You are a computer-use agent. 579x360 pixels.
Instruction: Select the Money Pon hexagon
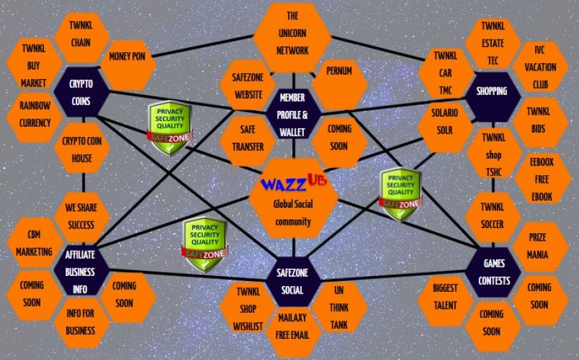[x=127, y=57]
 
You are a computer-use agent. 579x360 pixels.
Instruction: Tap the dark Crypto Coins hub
[x=81, y=92]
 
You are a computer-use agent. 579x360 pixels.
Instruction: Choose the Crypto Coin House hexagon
[x=82, y=148]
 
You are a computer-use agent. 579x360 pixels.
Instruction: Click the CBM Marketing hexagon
[x=34, y=243]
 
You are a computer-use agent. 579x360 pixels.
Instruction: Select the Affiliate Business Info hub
[x=80, y=271]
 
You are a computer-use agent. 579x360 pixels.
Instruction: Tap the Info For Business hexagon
[x=81, y=322]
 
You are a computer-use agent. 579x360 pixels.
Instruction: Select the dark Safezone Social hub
[x=293, y=281]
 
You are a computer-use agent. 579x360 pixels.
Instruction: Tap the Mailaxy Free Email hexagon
[x=293, y=325]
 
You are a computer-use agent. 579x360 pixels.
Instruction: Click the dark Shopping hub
[x=492, y=91]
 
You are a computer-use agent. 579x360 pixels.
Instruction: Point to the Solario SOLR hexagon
[x=445, y=122]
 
